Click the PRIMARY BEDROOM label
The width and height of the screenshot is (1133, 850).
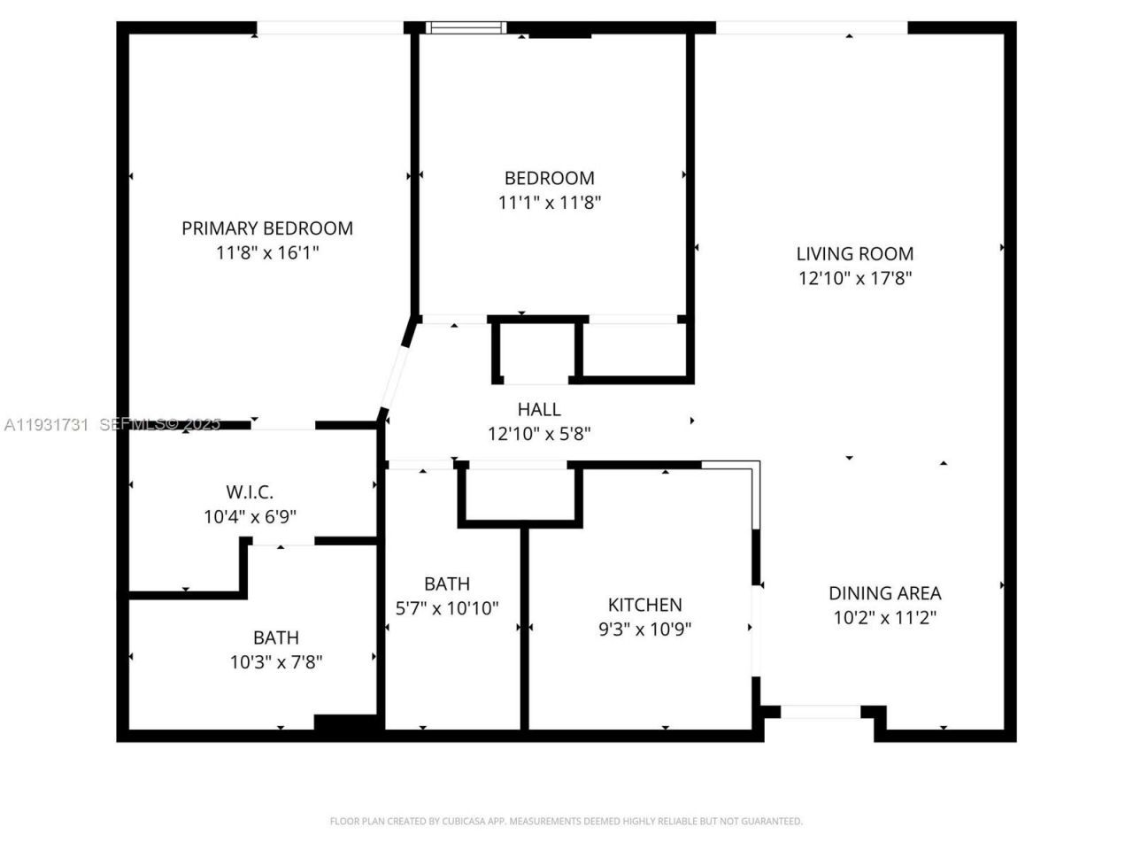click(x=267, y=228)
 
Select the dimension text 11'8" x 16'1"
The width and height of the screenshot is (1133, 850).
click(x=267, y=253)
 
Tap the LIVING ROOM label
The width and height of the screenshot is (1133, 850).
click(x=854, y=253)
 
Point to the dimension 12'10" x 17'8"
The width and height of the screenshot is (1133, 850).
click(x=854, y=278)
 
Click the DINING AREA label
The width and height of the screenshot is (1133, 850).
click(x=884, y=593)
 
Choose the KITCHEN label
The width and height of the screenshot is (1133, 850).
click(x=644, y=605)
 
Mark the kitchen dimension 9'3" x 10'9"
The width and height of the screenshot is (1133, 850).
click(x=644, y=630)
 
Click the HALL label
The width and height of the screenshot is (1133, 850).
click(x=539, y=409)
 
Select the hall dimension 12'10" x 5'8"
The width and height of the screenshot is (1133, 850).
click(x=539, y=434)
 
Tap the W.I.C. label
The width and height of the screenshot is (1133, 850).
click(x=250, y=492)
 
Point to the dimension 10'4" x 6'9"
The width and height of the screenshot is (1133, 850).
click(x=250, y=517)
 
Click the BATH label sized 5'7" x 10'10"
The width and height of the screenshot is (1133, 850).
click(x=447, y=583)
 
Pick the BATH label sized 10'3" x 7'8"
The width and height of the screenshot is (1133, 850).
click(x=276, y=637)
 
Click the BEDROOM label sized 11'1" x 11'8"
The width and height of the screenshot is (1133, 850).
click(x=549, y=178)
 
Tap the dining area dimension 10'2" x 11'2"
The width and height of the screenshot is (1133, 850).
click(x=884, y=618)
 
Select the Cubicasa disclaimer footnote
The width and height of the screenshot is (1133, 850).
click(x=566, y=822)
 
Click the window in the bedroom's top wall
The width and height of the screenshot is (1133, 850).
click(x=466, y=28)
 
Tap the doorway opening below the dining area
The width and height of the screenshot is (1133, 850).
click(x=821, y=711)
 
